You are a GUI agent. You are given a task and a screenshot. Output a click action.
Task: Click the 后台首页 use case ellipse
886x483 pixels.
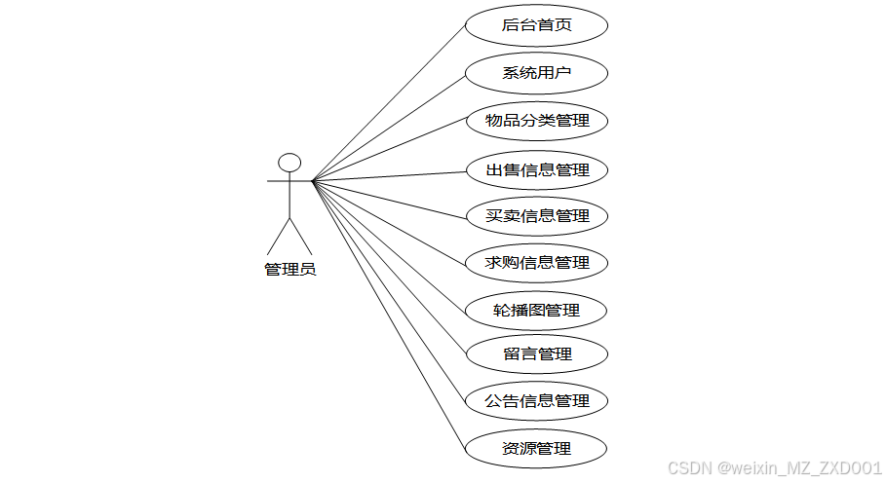(x=537, y=25)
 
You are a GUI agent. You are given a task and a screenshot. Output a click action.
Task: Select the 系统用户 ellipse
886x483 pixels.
(x=537, y=73)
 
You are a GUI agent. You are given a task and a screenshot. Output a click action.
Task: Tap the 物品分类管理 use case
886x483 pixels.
(x=537, y=121)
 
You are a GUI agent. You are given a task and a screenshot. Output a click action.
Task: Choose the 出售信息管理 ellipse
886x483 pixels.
(x=537, y=169)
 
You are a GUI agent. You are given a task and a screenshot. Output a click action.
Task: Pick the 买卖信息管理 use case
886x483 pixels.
(x=537, y=216)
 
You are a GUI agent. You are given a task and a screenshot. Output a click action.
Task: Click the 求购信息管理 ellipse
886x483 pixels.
(x=537, y=263)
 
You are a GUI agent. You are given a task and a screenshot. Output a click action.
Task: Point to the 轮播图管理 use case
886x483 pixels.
(x=537, y=311)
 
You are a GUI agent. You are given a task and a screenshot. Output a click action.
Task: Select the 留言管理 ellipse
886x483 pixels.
(x=537, y=353)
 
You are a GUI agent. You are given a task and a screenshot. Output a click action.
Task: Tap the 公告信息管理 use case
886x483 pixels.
(x=537, y=400)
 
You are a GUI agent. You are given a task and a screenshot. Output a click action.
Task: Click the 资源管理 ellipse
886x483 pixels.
(x=537, y=449)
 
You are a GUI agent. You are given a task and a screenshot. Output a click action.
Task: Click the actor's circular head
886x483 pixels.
(x=289, y=163)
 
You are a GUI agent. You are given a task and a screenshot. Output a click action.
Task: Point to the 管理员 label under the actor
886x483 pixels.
(x=289, y=270)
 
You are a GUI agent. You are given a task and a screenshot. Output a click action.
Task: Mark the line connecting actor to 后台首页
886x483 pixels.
(x=390, y=101)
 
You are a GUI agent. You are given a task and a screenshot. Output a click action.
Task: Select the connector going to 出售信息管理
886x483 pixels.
(x=390, y=176)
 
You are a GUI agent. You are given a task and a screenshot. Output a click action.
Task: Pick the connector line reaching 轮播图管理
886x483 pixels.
(x=390, y=244)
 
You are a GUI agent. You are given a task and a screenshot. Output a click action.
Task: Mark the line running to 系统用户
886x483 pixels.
(x=390, y=127)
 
